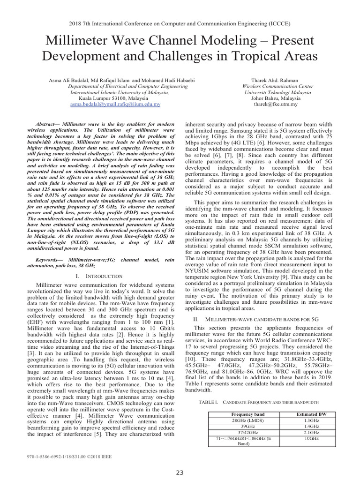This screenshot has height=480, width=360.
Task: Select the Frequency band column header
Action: coord(248,415)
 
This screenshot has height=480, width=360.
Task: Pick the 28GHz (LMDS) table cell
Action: coord(248,420)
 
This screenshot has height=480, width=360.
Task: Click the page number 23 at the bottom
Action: coord(180,472)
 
